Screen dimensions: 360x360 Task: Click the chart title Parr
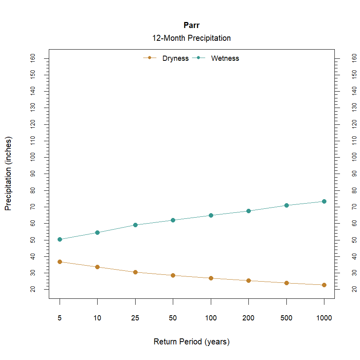click(191, 26)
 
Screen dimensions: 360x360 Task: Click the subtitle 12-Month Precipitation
click(191, 38)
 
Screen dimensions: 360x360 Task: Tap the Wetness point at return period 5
click(60, 239)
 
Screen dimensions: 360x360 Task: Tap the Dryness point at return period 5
click(60, 262)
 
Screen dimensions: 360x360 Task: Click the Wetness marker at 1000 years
click(324, 201)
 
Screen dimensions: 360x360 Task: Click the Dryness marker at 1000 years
click(324, 285)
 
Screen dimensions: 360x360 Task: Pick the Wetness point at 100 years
click(211, 215)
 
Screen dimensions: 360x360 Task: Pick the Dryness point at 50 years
click(173, 275)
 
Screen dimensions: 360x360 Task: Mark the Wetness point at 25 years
click(135, 225)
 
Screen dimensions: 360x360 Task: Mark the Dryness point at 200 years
click(248, 280)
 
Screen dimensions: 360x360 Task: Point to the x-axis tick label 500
click(286, 318)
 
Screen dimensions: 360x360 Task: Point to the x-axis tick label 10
click(97, 318)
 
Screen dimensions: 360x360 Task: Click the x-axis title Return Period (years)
click(191, 342)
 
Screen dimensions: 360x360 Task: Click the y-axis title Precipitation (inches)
click(8, 174)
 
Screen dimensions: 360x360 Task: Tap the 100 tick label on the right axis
click(354, 157)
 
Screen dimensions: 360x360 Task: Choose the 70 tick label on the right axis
click(354, 207)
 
